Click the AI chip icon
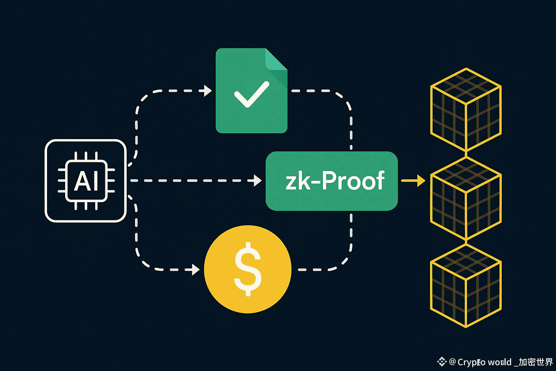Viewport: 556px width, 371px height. coord(85,181)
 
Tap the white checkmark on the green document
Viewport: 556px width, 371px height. coord(252,94)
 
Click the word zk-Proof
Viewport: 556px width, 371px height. coord(334,181)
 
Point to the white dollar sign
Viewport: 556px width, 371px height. coord(248,269)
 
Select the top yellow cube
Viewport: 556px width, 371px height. coord(466,109)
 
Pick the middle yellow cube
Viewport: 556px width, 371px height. coord(466,198)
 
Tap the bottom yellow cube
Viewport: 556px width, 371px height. coord(466,285)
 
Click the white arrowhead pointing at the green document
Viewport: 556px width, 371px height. coord(208,91)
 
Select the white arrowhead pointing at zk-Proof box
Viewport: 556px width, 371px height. coord(258,180)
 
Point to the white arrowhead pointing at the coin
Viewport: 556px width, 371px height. coord(196,270)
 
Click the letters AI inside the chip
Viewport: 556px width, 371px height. coord(86,181)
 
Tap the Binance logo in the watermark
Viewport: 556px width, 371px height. coord(442,361)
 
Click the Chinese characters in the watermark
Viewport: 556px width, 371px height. coord(536,362)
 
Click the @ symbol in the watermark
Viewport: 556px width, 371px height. coord(452,362)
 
